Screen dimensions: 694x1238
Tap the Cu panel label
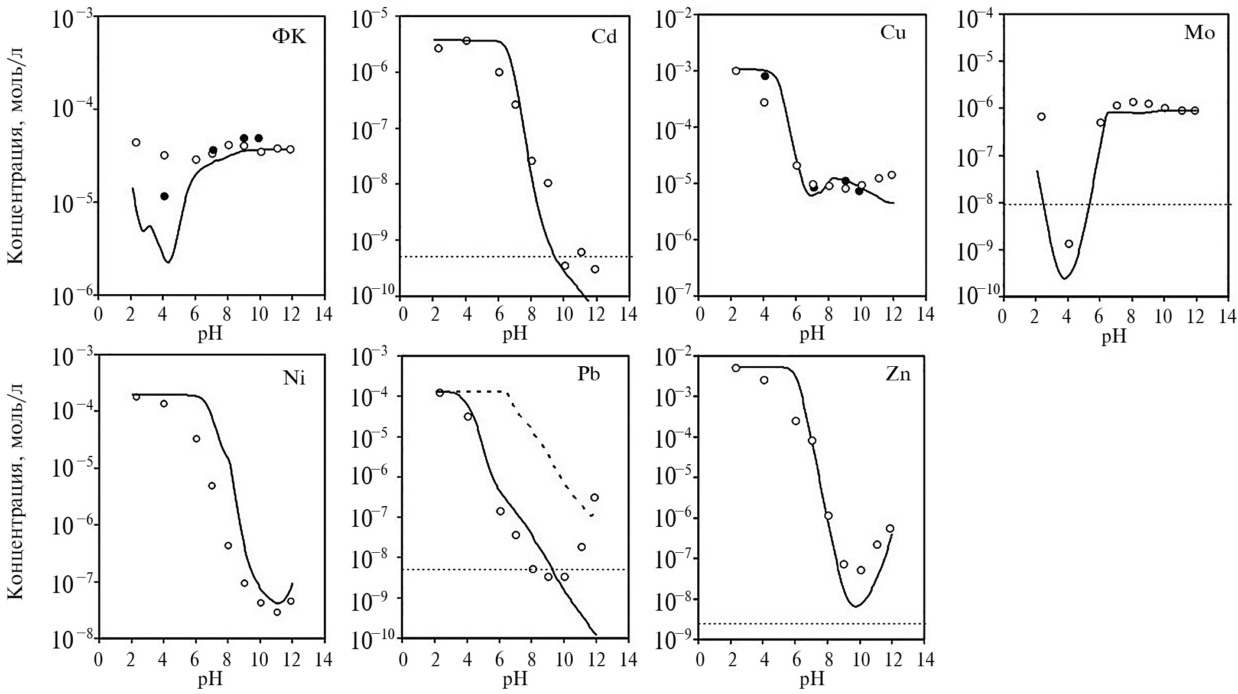893,32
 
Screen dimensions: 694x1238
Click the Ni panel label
294,378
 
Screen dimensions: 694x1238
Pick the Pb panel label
589,374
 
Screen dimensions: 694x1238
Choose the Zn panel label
898,374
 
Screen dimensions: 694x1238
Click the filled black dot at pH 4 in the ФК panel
164,196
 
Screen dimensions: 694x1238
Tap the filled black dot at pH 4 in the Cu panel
765,76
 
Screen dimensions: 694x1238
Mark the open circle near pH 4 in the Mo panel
1068,243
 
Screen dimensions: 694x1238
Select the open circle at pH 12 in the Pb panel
594,497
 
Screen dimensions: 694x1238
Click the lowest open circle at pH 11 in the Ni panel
277,612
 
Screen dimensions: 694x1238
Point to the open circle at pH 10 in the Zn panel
861,570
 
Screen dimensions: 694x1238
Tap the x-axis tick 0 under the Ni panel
98,660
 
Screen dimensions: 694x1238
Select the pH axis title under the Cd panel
515,335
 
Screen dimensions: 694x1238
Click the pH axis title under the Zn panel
812,680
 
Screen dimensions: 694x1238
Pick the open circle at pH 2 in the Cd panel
438,48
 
